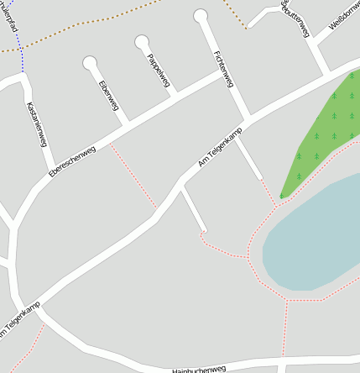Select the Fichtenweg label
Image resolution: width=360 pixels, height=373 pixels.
point(223,69)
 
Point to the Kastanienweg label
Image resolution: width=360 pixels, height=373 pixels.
point(37,124)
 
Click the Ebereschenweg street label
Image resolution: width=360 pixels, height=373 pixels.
point(72,161)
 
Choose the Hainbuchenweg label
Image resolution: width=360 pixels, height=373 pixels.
point(199,369)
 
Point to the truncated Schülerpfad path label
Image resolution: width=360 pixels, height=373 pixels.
point(11,19)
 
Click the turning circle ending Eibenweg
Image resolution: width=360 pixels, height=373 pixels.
point(90,63)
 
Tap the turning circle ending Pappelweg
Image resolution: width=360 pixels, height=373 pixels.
point(142,40)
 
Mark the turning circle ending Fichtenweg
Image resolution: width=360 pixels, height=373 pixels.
point(201,15)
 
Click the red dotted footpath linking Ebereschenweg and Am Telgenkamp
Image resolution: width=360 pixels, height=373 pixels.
point(134,176)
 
